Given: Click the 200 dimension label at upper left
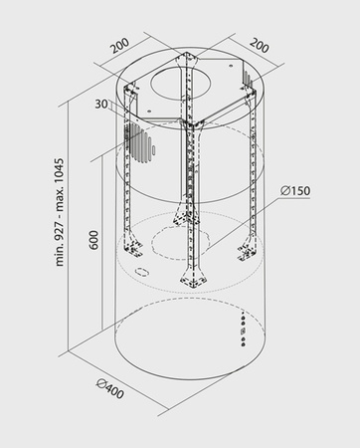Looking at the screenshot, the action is coord(120,46).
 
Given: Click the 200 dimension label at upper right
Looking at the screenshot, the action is coord(259,46).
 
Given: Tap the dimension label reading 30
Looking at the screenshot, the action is coord(101,104).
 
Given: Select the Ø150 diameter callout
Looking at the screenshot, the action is coord(295,191).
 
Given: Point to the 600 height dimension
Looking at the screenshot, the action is coord(93,240).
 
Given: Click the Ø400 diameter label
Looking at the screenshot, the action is coord(110,389).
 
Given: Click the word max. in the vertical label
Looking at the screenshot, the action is coord(60,203).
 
